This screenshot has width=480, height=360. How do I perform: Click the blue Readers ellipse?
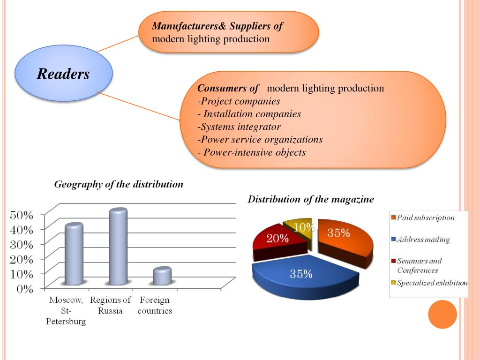coord(64,74)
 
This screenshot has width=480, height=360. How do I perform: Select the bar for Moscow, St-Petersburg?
coord(74,254)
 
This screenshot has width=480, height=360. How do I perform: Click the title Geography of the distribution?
coord(119,184)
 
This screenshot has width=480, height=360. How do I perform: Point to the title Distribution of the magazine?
coord(311,199)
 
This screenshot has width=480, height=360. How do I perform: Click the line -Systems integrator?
coord(239,127)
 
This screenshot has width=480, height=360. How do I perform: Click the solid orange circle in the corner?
coord(442,314)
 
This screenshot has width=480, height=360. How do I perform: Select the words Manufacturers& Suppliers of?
coord(217,26)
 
